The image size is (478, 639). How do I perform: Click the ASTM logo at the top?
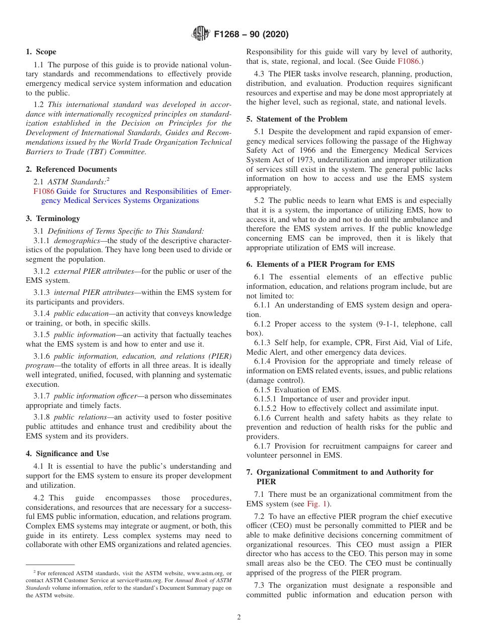click(x=201, y=34)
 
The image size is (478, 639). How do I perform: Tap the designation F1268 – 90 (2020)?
click(x=251, y=35)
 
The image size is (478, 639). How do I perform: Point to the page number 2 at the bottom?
click(x=239, y=617)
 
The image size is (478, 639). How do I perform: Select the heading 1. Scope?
click(x=41, y=52)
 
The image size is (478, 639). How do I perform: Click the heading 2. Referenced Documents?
click(x=71, y=169)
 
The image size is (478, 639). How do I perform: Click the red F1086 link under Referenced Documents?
click(x=44, y=191)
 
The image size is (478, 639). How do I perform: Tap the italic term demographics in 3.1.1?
click(x=77, y=241)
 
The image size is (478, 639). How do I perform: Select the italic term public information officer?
click(x=95, y=396)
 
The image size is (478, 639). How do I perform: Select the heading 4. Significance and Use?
click(x=67, y=454)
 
